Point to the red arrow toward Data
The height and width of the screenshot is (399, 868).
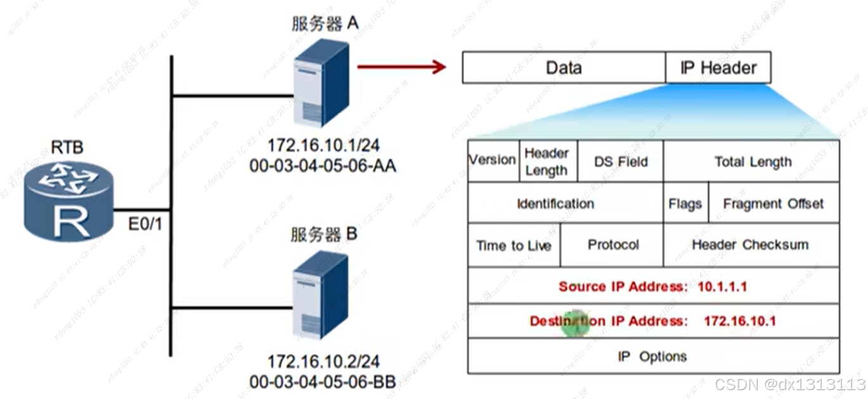pyautogui.click(x=402, y=66)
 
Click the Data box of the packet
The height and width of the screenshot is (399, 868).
pyautogui.click(x=564, y=68)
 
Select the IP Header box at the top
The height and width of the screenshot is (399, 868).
pyautogui.click(x=718, y=68)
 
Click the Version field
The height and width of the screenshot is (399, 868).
pyautogui.click(x=493, y=160)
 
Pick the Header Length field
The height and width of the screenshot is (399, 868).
pyautogui.click(x=547, y=161)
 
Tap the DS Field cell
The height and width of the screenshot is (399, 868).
pyautogui.click(x=621, y=161)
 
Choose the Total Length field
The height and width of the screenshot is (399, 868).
pyautogui.click(x=753, y=161)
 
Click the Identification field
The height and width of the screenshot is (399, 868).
pyautogui.click(x=555, y=204)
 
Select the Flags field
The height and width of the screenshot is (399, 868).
pyautogui.click(x=685, y=204)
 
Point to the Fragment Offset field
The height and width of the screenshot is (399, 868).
pyautogui.click(x=773, y=204)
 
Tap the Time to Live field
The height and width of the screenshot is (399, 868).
pyautogui.click(x=514, y=245)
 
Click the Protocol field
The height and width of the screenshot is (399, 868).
pyautogui.click(x=613, y=245)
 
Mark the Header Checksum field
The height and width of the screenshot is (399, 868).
pyautogui.click(x=750, y=245)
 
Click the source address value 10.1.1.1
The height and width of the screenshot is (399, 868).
pyautogui.click(x=722, y=287)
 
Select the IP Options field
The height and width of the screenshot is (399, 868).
pyautogui.click(x=653, y=356)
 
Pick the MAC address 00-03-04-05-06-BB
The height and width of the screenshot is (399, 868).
pyautogui.click(x=323, y=382)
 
